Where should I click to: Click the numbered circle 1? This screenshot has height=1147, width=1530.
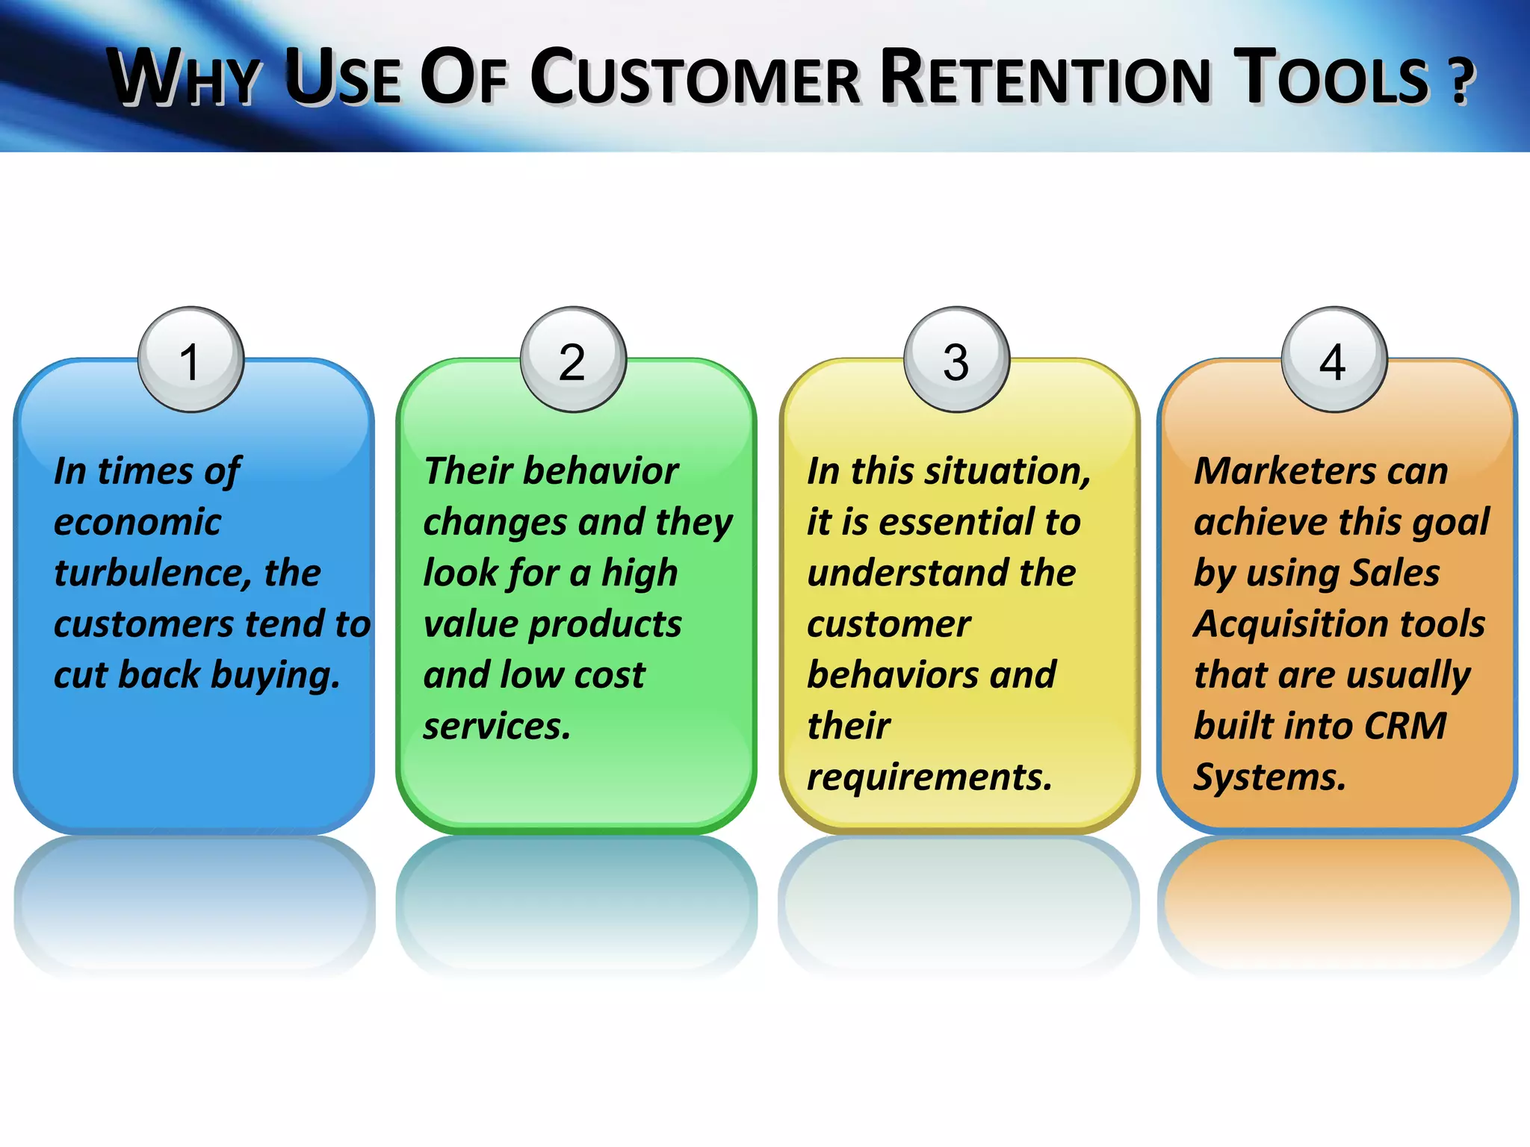[191, 359]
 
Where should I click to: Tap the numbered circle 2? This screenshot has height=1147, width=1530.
[573, 359]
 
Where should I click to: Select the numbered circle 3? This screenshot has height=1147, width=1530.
[956, 359]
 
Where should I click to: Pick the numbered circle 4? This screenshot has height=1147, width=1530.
[1334, 359]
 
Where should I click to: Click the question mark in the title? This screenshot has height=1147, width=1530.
[1461, 81]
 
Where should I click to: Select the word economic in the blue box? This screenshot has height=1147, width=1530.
[137, 522]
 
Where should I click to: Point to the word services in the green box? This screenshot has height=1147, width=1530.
[496, 727]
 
